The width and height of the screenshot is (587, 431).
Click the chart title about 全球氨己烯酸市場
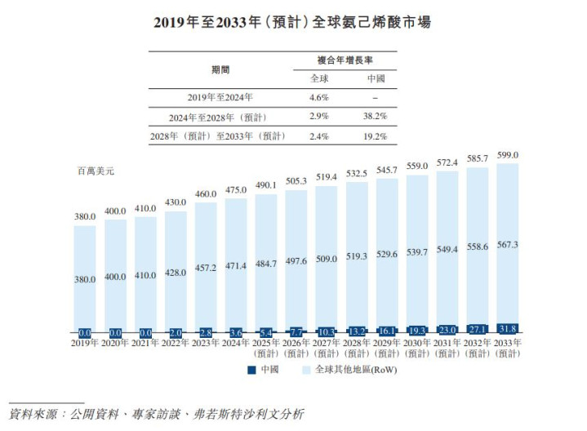point(292,22)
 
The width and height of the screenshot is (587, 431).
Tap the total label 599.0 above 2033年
point(508,155)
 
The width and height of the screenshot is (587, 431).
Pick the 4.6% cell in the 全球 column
point(319,98)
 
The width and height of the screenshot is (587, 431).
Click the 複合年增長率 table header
point(345,60)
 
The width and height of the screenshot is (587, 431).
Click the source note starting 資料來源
point(157,414)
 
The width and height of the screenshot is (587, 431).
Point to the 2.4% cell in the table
point(319,136)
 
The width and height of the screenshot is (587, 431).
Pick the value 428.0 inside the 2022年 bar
point(176,276)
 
